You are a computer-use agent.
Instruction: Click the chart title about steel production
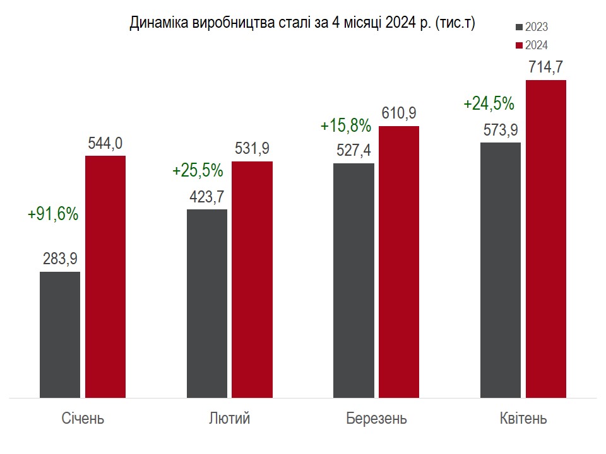pyautogui.click(x=302, y=23)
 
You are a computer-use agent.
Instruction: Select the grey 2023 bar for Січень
pyautogui.click(x=60, y=335)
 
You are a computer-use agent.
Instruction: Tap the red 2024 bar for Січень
pyautogui.click(x=105, y=277)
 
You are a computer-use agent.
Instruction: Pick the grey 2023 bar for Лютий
pyautogui.click(x=207, y=303)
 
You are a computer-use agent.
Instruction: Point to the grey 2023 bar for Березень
pyautogui.click(x=353, y=281)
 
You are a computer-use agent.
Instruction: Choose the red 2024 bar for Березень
pyautogui.click(x=399, y=262)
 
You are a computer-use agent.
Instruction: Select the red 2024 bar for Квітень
pyautogui.click(x=546, y=239)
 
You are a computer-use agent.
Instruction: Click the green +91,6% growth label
pyautogui.click(x=53, y=214)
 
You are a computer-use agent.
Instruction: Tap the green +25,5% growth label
pyautogui.click(x=198, y=170)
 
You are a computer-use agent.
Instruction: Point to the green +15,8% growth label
pyautogui.click(x=345, y=125)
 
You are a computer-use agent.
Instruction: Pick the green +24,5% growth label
pyautogui.click(x=489, y=103)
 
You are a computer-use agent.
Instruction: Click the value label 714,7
pyautogui.click(x=545, y=67)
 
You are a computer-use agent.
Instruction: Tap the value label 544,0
pyautogui.click(x=105, y=143)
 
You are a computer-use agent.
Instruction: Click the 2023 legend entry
pyautogui.click(x=531, y=27)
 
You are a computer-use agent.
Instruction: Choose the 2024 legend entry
pyautogui.click(x=531, y=45)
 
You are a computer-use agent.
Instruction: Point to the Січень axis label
pyautogui.click(x=83, y=419)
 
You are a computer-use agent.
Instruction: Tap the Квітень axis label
pyautogui.click(x=523, y=419)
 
